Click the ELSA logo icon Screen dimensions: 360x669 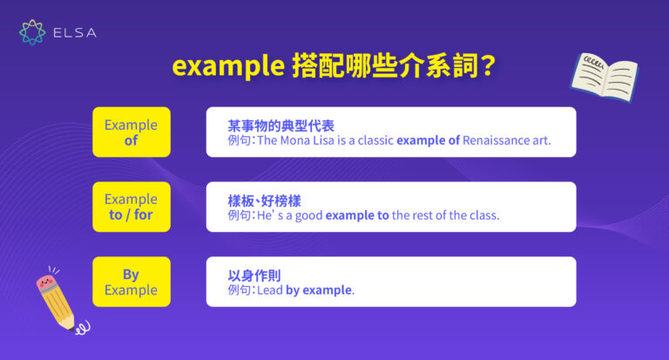point(32,32)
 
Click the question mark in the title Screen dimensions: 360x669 point(489,67)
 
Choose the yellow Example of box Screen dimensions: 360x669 point(131,132)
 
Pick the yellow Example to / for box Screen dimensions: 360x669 point(131,207)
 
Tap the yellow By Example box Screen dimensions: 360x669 point(131,282)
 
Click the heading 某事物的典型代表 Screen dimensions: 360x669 point(280,125)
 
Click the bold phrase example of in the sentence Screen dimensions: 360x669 point(428,140)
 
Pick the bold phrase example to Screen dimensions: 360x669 point(357,215)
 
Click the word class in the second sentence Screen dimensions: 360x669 point(483,215)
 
